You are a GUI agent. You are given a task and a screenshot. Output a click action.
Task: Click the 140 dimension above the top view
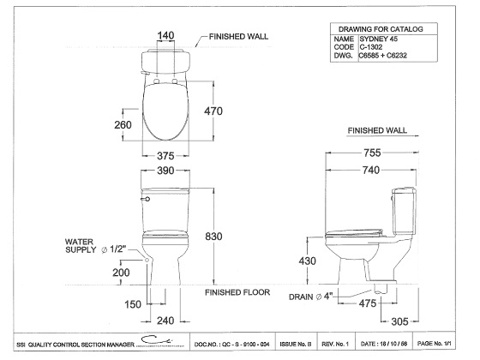click(x=165, y=35)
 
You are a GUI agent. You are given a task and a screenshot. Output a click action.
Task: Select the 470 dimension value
click(x=213, y=111)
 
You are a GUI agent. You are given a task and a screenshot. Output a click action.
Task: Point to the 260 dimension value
click(x=123, y=125)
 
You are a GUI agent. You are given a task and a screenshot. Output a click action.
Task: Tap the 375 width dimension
click(x=165, y=156)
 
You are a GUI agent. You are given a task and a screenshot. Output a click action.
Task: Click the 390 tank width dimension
click(x=165, y=171)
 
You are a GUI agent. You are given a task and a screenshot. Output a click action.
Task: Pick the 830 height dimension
click(x=213, y=237)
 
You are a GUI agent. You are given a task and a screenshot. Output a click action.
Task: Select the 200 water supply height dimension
click(x=121, y=273)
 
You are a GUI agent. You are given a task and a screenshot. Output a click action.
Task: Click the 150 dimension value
click(x=133, y=304)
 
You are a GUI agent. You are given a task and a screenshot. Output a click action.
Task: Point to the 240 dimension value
click(x=165, y=321)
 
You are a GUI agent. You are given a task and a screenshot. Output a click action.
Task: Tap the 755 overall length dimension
click(x=372, y=153)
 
